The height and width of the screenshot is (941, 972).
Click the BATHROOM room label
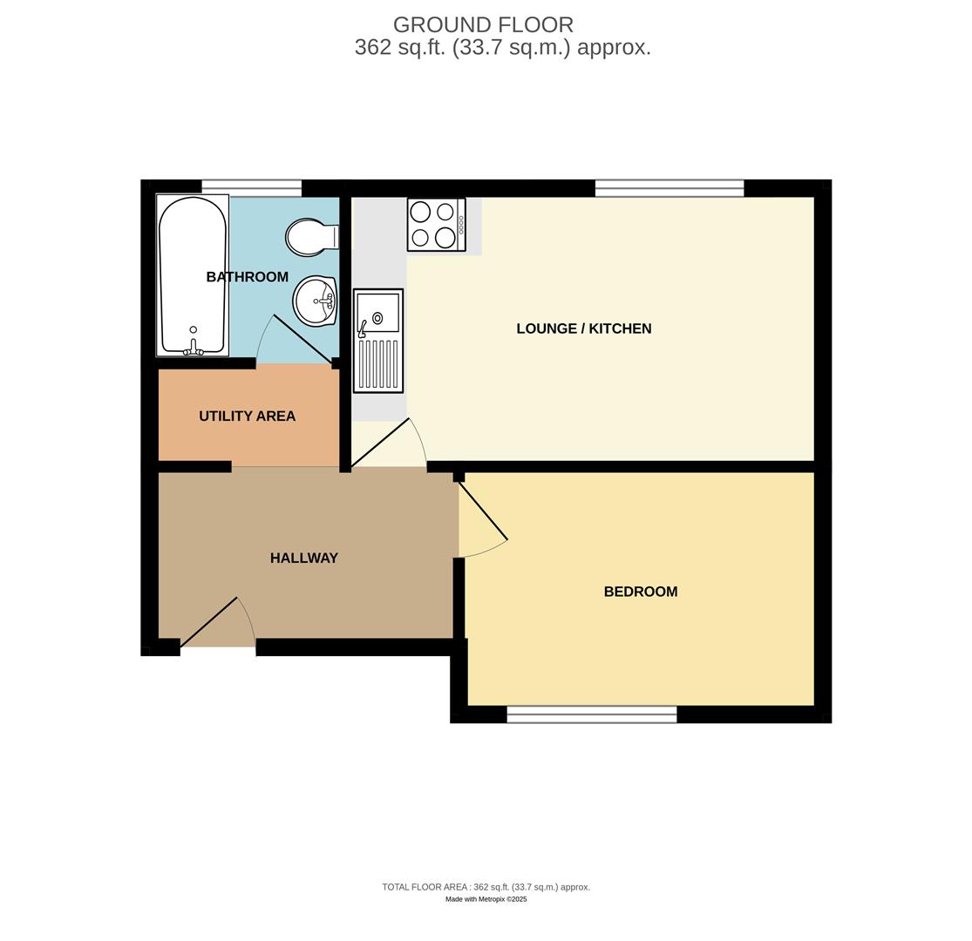click(247, 277)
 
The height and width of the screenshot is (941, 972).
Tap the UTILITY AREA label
click(247, 416)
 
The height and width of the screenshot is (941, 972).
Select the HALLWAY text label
click(303, 559)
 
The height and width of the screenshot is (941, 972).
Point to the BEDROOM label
click(640, 592)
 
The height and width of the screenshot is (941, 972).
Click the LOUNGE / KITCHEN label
click(583, 328)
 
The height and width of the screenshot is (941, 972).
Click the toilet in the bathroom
click(309, 237)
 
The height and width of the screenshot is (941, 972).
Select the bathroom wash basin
click(315, 301)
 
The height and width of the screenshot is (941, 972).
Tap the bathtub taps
click(193, 349)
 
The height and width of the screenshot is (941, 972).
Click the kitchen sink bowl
click(378, 313)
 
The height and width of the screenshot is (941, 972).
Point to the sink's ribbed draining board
click(378, 364)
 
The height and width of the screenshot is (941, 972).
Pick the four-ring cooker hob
click(435, 225)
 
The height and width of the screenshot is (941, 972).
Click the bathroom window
click(251, 187)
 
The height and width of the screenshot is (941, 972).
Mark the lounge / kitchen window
click(669, 188)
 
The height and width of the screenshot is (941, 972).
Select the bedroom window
click(591, 714)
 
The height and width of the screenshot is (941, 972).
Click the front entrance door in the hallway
click(209, 621)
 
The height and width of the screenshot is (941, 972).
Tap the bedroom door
click(483, 511)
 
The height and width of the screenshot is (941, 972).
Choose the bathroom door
click(302, 339)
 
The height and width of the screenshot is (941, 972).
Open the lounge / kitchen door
click(380, 443)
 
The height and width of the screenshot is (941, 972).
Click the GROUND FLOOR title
click(483, 25)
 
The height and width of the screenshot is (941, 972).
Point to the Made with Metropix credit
click(486, 899)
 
